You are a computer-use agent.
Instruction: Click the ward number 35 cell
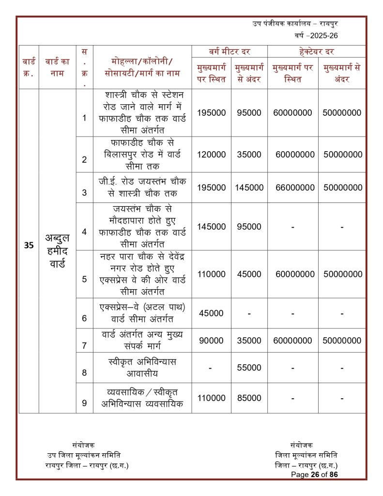tap(29, 245)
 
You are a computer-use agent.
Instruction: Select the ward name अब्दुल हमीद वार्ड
tap(57, 251)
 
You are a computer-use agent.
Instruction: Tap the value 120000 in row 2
tap(211, 155)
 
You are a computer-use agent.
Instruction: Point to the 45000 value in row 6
tap(211, 313)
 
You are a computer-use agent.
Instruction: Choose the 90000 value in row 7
tap(211, 341)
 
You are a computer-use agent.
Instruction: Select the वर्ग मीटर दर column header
tap(230, 51)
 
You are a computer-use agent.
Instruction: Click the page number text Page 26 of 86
tap(314, 475)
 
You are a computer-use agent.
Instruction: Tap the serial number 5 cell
tap(84, 279)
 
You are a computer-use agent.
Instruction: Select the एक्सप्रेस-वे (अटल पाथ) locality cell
tap(142, 313)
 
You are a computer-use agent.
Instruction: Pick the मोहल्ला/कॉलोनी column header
tap(142, 67)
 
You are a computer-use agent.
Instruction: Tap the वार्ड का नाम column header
tap(57, 67)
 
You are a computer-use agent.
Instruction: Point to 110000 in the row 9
tap(211, 398)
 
